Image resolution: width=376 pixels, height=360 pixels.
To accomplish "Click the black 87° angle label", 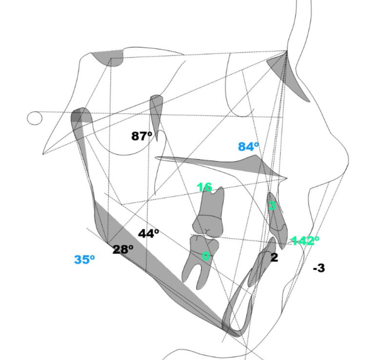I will click(142, 136).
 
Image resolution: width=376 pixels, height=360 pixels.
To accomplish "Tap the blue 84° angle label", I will click(248, 146).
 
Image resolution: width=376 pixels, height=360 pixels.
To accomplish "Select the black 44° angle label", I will click(148, 234).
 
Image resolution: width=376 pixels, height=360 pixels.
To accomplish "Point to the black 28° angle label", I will click(123, 250).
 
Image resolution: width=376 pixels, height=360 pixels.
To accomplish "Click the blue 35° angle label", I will click(84, 260).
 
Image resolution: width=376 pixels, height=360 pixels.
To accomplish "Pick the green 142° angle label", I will click(305, 240).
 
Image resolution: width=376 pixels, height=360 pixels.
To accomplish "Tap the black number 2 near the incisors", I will click(275, 258).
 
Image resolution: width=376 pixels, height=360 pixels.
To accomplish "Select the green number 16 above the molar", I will click(204, 187).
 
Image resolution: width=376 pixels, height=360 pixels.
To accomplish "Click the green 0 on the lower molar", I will click(206, 256).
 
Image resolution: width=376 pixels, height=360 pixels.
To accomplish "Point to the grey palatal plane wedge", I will click(244, 166).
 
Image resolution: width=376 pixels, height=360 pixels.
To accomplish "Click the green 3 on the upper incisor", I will click(272, 206).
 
